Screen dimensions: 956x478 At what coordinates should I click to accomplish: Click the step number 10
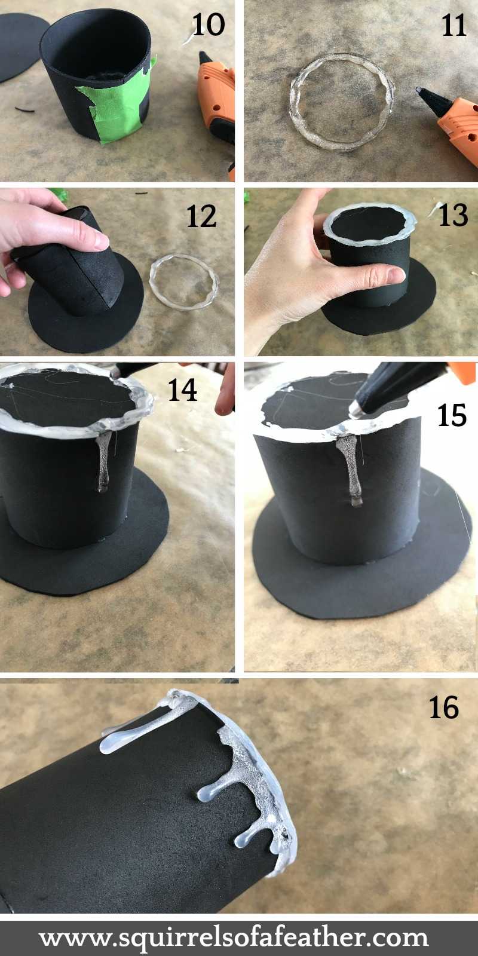coord(208,25)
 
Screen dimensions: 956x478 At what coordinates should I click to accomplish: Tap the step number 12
coord(201,216)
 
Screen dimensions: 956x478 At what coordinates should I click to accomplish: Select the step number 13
coord(453,215)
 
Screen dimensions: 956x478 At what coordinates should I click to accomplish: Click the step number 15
coord(451,415)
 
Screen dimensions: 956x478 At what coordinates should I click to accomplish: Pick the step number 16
coord(443,707)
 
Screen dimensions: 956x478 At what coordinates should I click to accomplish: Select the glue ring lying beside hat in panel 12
coord(183,281)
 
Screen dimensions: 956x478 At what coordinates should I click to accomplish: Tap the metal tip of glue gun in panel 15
coord(356,409)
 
